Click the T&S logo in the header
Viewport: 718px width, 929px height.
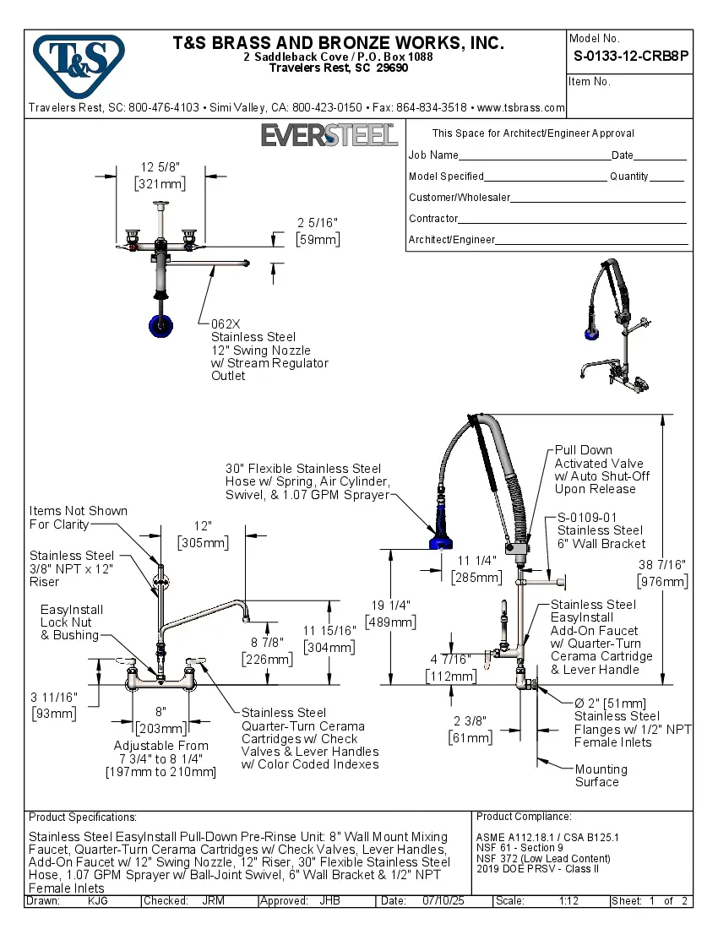[x=79, y=62]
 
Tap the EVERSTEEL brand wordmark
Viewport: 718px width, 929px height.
[x=329, y=135]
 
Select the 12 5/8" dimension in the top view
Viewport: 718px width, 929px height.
[x=160, y=167]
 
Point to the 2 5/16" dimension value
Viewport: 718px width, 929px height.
[x=318, y=223]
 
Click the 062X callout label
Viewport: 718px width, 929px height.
[x=226, y=324]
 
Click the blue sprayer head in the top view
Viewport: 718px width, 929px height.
[x=160, y=324]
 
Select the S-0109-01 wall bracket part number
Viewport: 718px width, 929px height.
[x=587, y=518]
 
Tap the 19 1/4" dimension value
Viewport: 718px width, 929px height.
[x=389, y=606]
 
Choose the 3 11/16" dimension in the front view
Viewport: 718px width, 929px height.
[x=53, y=697]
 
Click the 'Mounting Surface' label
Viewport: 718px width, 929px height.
[x=601, y=775]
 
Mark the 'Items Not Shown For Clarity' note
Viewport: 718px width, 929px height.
[x=78, y=518]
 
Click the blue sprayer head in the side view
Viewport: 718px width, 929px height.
[x=439, y=539]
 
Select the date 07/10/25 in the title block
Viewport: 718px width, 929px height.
[x=444, y=901]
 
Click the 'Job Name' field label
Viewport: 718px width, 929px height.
[x=433, y=155]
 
